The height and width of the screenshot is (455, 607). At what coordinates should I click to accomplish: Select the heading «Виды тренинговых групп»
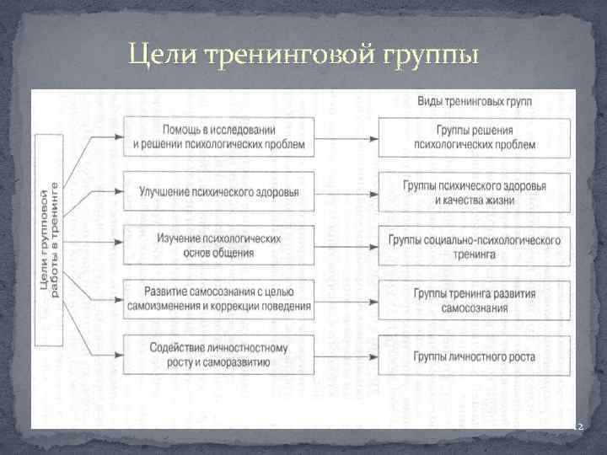[475, 101]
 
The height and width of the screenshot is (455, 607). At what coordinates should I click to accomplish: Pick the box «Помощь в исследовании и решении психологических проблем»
[218, 136]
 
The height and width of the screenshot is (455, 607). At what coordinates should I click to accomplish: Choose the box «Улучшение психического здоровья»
[218, 190]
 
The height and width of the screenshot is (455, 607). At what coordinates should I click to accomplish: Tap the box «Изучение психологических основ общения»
[218, 245]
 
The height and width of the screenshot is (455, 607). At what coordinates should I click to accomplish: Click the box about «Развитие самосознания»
[218, 299]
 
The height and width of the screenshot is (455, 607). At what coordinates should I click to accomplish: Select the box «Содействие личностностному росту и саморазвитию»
[218, 355]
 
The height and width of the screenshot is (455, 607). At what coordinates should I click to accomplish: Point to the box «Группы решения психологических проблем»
[475, 136]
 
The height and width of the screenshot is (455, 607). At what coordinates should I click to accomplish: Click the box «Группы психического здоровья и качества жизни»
[475, 191]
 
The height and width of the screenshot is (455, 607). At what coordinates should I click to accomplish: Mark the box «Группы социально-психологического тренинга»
[475, 245]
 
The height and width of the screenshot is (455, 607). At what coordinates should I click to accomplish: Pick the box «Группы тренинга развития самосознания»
[475, 300]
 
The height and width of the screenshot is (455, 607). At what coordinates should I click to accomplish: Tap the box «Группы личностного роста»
[475, 355]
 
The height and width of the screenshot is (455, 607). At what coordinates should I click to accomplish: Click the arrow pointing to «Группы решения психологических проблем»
[346, 136]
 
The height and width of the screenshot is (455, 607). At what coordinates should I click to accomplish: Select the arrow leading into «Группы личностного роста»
[346, 355]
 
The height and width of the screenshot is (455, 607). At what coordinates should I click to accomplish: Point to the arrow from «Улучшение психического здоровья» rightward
[346, 191]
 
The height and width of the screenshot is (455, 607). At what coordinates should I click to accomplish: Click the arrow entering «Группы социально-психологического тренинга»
[346, 245]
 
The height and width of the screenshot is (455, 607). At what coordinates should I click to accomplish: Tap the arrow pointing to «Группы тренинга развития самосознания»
[346, 300]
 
